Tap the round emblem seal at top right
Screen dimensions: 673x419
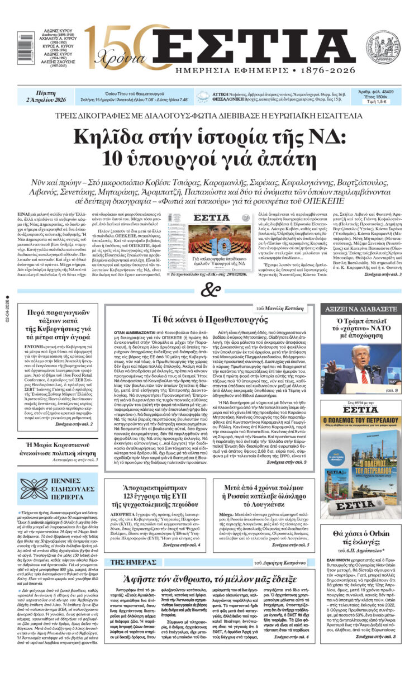click(x=383, y=46)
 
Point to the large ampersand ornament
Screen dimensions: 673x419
click(x=209, y=290)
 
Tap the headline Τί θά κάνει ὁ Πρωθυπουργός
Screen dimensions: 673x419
click(x=211, y=319)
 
